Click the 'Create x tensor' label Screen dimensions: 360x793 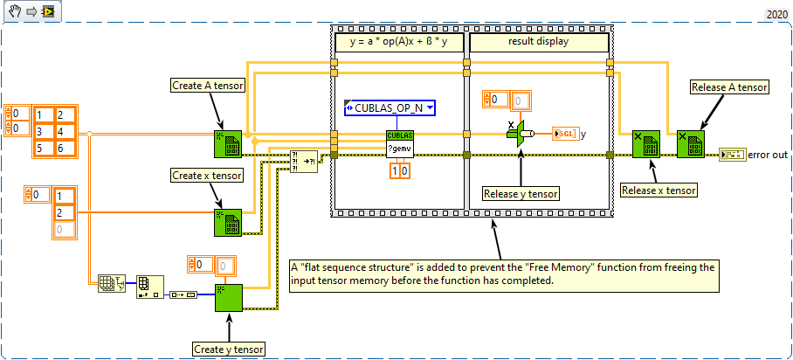(208, 176)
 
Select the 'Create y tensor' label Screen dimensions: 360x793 (229, 349)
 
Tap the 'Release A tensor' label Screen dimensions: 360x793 (729, 87)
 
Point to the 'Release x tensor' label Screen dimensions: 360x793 (658, 190)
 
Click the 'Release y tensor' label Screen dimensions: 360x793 (521, 193)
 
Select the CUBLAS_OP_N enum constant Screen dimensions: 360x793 (390, 107)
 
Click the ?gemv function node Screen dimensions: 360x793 (399, 145)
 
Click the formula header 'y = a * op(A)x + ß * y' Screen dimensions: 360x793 (398, 41)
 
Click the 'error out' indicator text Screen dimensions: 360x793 (768, 156)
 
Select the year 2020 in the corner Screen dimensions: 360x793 (776, 14)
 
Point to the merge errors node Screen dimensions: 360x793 (305, 162)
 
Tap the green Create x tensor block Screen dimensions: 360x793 (226, 223)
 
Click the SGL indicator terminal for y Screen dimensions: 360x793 (564, 134)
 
